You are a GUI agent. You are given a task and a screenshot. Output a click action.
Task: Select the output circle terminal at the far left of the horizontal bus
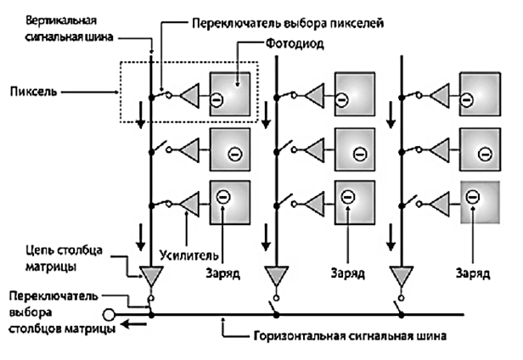[x=110, y=315]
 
